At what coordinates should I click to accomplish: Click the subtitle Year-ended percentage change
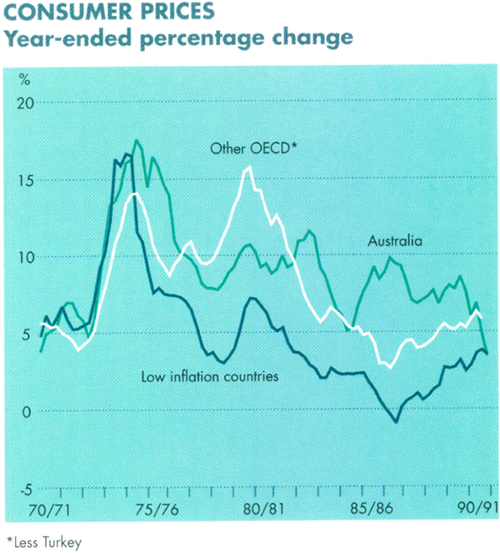(180, 38)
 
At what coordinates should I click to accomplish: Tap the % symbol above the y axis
(25, 80)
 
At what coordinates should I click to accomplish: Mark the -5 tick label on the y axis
(24, 489)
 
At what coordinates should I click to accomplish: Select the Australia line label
(396, 241)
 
